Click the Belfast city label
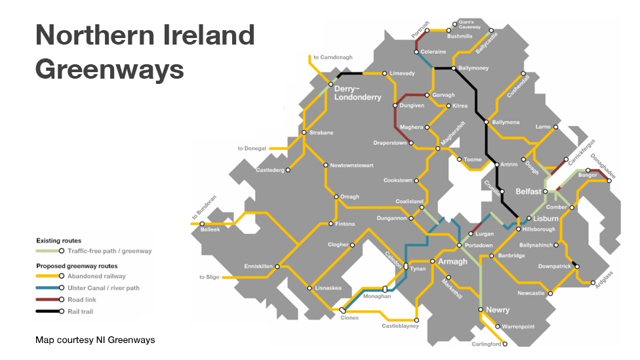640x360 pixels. pos(528,191)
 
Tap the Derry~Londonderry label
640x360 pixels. pos(357,93)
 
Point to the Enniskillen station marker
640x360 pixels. pos(278,267)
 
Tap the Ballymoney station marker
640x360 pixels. pos(453,68)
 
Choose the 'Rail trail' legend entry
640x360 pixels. pos(81,311)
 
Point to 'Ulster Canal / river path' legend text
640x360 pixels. pos(103,288)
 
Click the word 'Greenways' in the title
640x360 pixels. pos(110,68)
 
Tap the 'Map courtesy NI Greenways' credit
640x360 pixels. pos(95,340)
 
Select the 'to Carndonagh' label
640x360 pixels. pos(334,58)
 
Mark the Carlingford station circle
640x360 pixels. pos(505,344)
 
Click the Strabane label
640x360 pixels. pos(321,133)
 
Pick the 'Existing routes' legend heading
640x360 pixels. pos(59,241)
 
